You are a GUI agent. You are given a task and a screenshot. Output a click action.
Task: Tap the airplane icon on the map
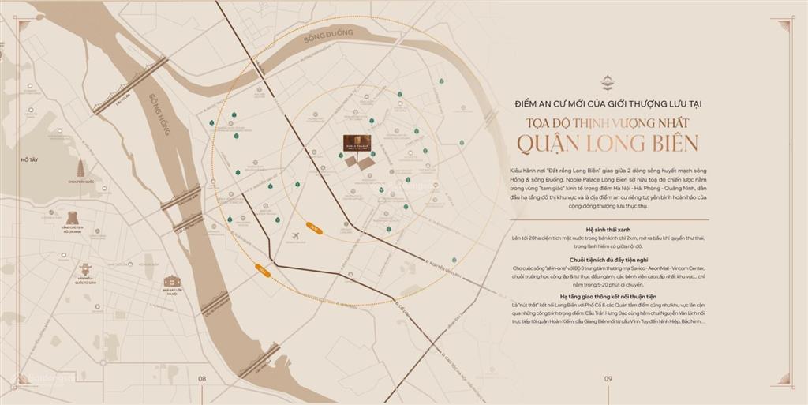(296, 236)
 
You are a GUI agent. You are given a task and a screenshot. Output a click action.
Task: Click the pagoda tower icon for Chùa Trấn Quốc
(80, 169)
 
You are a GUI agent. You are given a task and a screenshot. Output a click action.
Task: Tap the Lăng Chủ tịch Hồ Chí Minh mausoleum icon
(73, 217)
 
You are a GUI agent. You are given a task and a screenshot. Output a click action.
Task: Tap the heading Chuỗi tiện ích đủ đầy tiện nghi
(607, 260)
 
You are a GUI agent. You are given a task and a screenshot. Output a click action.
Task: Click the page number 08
(202, 379)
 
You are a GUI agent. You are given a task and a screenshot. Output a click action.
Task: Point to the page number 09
(608, 379)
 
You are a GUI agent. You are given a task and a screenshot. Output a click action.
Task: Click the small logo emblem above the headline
(608, 81)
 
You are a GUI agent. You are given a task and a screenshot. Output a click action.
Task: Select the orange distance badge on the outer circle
(263, 271)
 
